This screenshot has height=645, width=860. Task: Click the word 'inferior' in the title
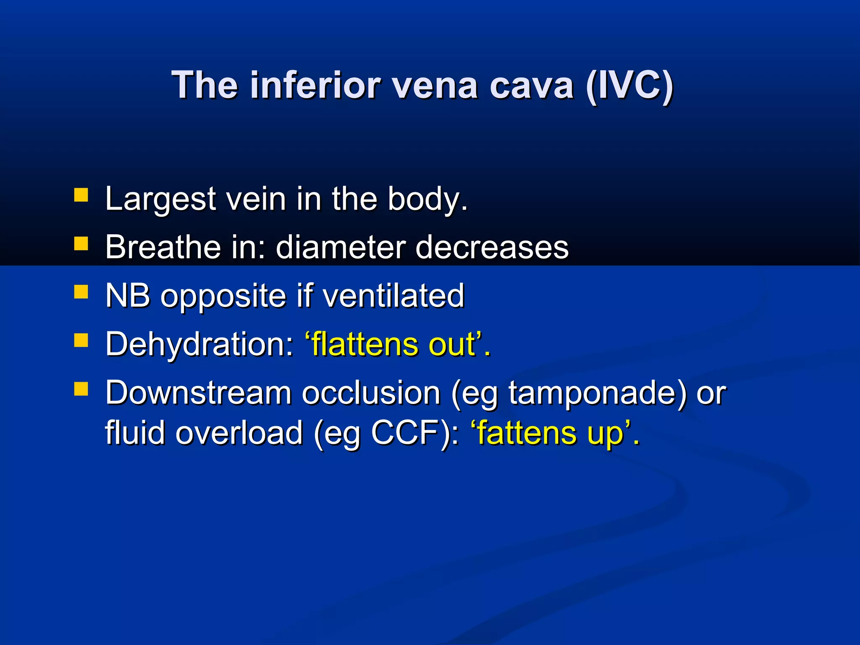(x=315, y=85)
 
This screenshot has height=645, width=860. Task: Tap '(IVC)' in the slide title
(x=629, y=85)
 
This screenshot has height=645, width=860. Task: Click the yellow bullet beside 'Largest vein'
(x=81, y=195)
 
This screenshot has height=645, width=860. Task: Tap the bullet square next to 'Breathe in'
(x=81, y=244)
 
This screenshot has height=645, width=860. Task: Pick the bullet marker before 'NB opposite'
(x=81, y=292)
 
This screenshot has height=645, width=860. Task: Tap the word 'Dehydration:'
(x=200, y=344)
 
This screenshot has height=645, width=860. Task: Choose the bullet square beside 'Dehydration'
(x=81, y=341)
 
